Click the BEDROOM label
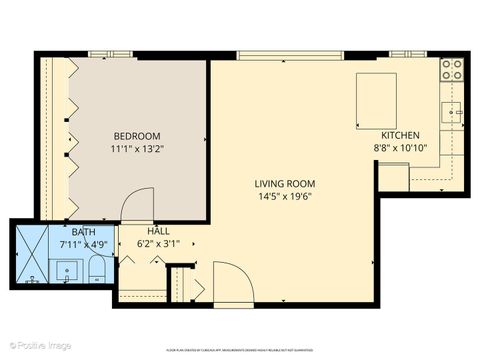click(x=136, y=136)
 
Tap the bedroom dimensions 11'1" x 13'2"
click(x=136, y=150)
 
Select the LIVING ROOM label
click(x=285, y=183)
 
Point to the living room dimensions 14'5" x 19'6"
click(x=285, y=197)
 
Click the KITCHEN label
click(x=400, y=135)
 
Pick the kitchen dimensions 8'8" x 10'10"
click(x=400, y=149)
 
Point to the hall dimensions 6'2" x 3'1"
click(x=143, y=243)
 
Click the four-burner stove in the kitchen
click(x=452, y=69)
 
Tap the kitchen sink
click(x=454, y=112)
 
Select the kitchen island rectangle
click(x=376, y=101)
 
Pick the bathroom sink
click(x=67, y=271)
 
